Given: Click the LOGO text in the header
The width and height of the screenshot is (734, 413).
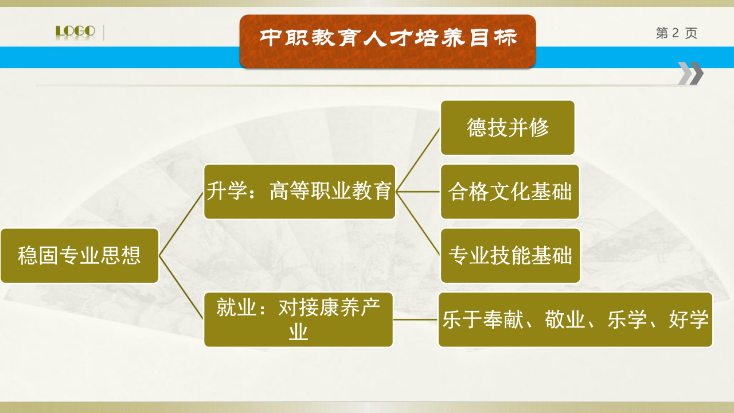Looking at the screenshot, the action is (x=75, y=32).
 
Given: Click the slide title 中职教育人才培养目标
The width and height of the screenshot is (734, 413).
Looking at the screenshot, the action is (x=388, y=38).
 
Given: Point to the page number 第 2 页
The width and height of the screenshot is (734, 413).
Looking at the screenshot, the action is (x=676, y=33).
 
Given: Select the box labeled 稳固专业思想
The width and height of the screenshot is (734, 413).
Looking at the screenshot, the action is (x=80, y=256).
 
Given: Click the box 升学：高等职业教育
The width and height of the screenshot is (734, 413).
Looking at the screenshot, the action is (x=299, y=192).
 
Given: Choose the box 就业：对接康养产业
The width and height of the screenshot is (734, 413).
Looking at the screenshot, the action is (x=298, y=320).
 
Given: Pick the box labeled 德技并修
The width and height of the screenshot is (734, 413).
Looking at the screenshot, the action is (x=507, y=128).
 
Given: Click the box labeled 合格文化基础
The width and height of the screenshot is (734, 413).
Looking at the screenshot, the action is (x=510, y=192).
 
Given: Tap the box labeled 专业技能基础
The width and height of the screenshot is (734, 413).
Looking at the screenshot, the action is (x=510, y=256).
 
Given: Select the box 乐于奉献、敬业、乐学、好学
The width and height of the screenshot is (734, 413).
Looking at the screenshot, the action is (x=575, y=320).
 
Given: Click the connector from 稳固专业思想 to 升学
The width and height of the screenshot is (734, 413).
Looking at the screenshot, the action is (x=181, y=224).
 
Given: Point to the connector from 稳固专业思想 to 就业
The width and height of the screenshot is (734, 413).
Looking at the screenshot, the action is (x=181, y=287).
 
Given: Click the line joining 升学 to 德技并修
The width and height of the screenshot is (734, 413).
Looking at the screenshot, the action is (x=418, y=159).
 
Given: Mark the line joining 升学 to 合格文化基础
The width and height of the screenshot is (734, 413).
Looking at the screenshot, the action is (x=418, y=192).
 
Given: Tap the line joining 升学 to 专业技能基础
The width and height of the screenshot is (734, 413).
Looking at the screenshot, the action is (x=418, y=224).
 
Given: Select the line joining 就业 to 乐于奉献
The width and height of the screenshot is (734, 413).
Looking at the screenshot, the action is (x=416, y=320).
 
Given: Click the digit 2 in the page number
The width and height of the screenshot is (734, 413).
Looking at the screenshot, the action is (x=676, y=33).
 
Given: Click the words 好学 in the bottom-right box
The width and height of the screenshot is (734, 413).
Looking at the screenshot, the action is (x=689, y=320).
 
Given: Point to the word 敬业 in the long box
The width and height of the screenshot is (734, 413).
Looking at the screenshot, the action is (x=565, y=320).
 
